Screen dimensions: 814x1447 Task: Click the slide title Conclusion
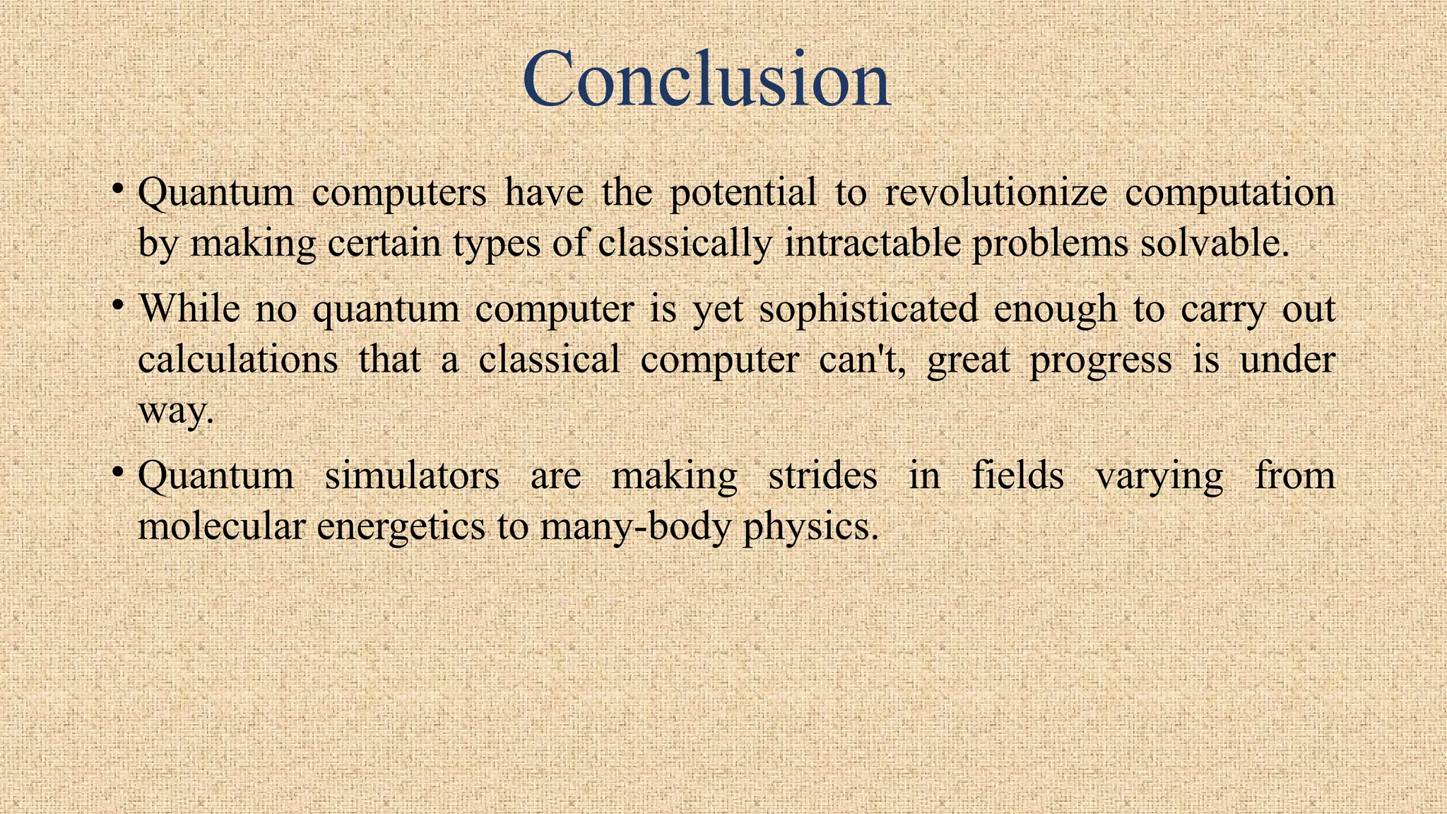pos(707,79)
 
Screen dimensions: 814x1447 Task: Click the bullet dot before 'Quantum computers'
pos(119,189)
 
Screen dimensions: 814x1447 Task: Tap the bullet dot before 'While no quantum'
pos(119,306)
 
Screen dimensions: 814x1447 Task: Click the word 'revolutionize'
pos(996,192)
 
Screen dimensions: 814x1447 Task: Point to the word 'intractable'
pos(872,243)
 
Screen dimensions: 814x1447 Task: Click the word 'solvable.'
pos(1215,243)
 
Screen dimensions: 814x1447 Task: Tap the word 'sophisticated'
pos(868,309)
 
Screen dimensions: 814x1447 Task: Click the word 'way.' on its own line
pos(175,411)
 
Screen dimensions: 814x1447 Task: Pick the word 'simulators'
pos(411,475)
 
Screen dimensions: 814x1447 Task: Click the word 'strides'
pos(822,475)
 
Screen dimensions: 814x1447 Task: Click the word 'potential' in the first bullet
pos(743,192)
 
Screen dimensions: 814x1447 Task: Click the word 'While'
pos(189,309)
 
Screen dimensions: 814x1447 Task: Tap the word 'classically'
pos(685,243)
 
